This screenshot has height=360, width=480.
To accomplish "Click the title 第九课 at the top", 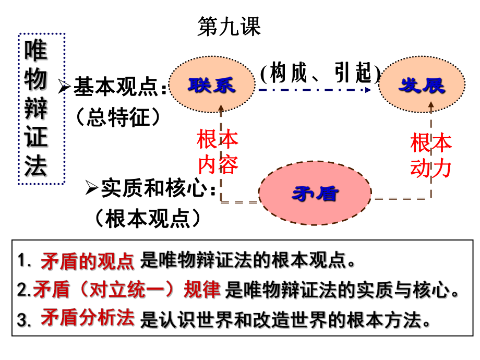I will [229, 27].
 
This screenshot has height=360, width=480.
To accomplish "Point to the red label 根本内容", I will [217, 152].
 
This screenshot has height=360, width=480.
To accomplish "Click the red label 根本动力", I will [431, 155].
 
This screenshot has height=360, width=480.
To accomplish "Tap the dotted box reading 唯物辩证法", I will [42, 109].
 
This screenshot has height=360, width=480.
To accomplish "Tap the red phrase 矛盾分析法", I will [87, 318].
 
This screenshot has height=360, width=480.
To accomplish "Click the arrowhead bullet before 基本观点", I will [65, 87].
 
